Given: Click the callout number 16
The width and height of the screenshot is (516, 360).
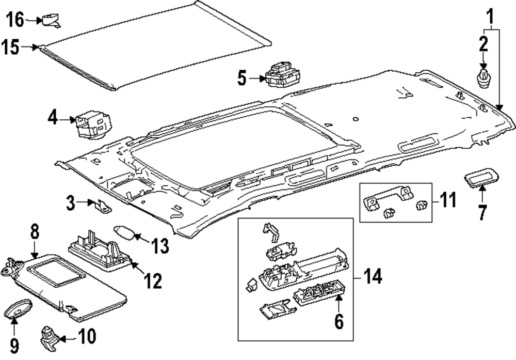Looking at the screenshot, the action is click(15, 20).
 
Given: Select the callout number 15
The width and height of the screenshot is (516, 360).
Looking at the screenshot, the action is click(10, 47).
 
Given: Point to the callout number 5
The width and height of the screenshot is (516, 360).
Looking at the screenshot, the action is click(242, 79).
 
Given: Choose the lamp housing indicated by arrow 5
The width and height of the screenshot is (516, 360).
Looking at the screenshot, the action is click(283, 74).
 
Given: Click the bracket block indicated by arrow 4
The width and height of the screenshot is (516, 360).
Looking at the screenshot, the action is click(93, 125).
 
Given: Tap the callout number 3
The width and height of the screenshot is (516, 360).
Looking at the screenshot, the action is click(71, 203).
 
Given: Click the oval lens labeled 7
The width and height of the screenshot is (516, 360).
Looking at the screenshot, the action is click(481, 178).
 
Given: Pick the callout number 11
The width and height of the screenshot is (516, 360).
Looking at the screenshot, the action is click(448, 200).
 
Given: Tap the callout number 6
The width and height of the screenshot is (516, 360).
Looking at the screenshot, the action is click(339, 321).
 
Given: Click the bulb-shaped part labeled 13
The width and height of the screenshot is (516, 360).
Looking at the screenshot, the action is click(124, 233).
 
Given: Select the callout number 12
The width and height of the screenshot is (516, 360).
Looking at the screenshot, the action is click(153, 281).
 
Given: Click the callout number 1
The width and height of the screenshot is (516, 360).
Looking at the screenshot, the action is click(490, 17).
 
